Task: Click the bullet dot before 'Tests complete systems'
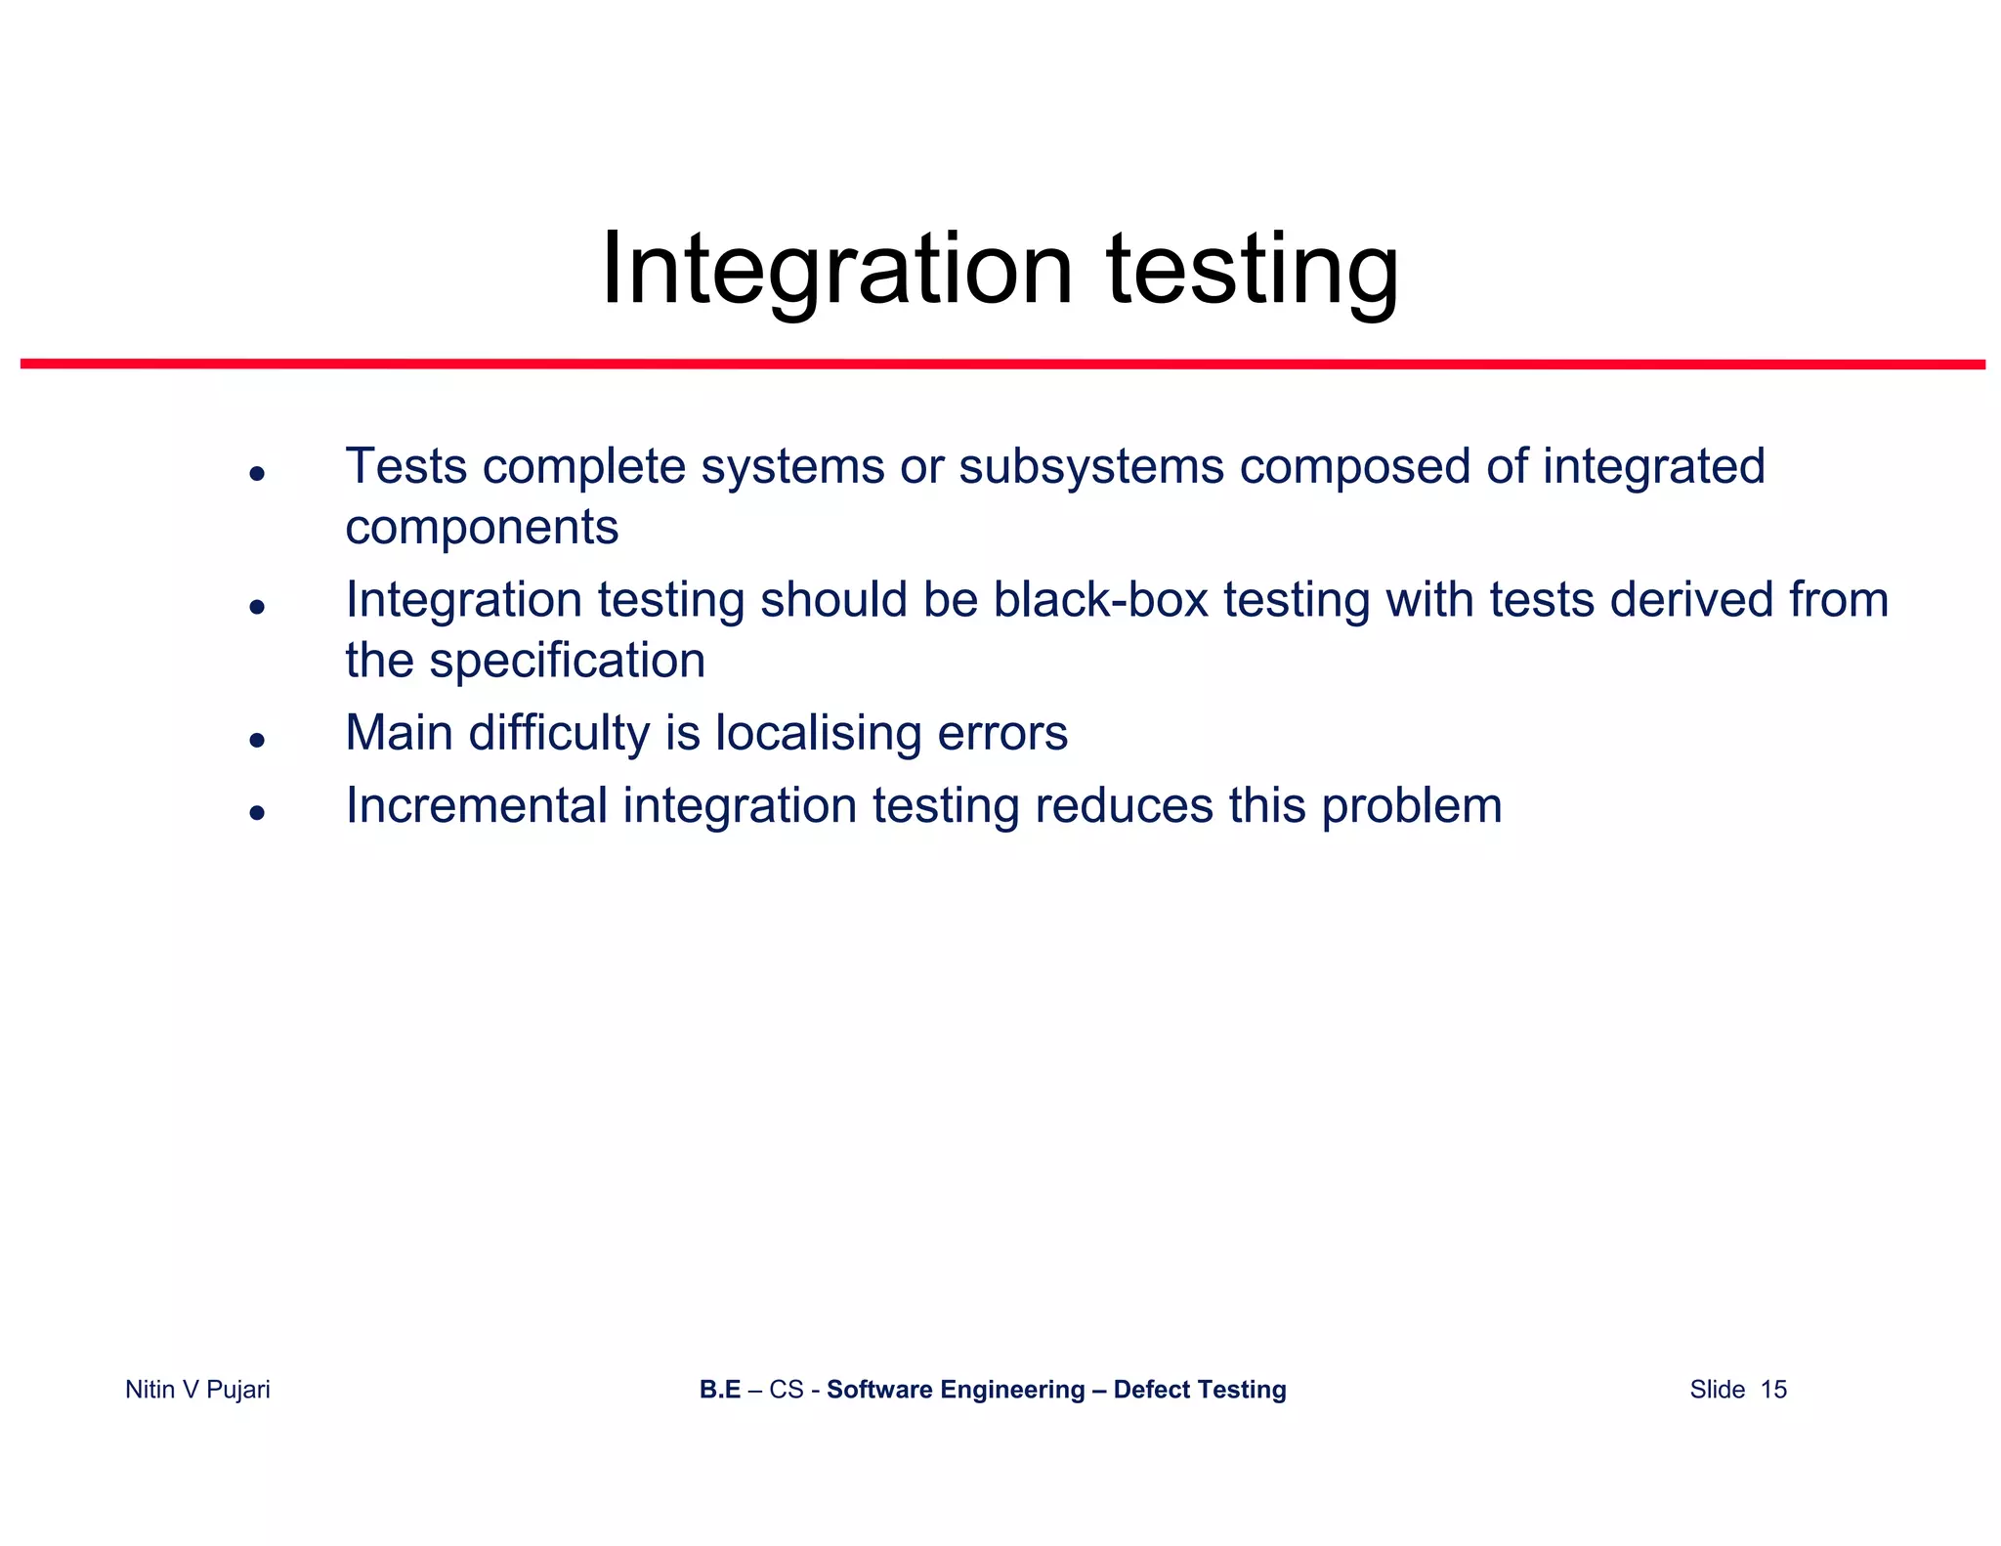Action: click(257, 474)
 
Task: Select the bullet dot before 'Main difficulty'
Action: click(257, 741)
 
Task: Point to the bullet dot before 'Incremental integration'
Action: click(257, 812)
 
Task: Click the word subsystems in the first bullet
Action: click(1090, 466)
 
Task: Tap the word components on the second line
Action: click(482, 528)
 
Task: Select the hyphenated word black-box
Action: click(1100, 599)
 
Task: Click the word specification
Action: click(567, 661)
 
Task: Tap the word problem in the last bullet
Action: click(1411, 806)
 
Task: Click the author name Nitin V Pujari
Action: click(197, 1390)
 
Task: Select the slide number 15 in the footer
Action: click(1773, 1390)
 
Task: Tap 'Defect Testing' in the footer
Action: click(1199, 1390)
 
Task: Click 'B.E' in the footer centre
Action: click(719, 1390)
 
